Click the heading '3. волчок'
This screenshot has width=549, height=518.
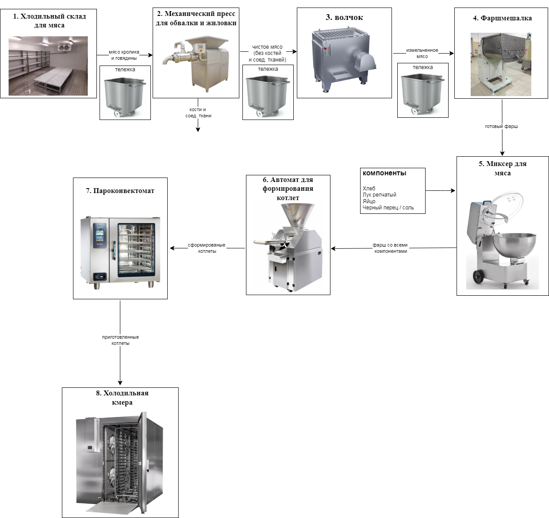(344, 17)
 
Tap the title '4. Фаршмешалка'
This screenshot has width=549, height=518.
(502, 18)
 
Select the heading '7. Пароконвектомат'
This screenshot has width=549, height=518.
(120, 191)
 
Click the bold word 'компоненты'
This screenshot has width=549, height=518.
(384, 173)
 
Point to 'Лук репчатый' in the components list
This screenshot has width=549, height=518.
(379, 195)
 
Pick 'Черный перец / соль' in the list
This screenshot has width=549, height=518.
(388, 208)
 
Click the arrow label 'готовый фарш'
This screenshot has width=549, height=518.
(501, 127)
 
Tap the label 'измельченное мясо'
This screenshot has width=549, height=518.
(422, 53)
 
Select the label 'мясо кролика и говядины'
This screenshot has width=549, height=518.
(124, 55)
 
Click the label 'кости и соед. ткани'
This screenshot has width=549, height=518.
(198, 112)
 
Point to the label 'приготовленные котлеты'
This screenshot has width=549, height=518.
(120, 340)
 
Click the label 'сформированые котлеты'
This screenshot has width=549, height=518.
(207, 248)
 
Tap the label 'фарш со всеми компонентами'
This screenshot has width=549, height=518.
(390, 248)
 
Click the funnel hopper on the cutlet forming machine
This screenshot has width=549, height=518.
(297, 214)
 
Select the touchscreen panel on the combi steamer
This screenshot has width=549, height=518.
(99, 236)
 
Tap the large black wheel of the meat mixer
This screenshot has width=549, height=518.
(478, 276)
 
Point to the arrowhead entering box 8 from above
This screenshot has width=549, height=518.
(120, 383)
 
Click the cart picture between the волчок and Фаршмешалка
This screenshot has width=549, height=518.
(422, 90)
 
